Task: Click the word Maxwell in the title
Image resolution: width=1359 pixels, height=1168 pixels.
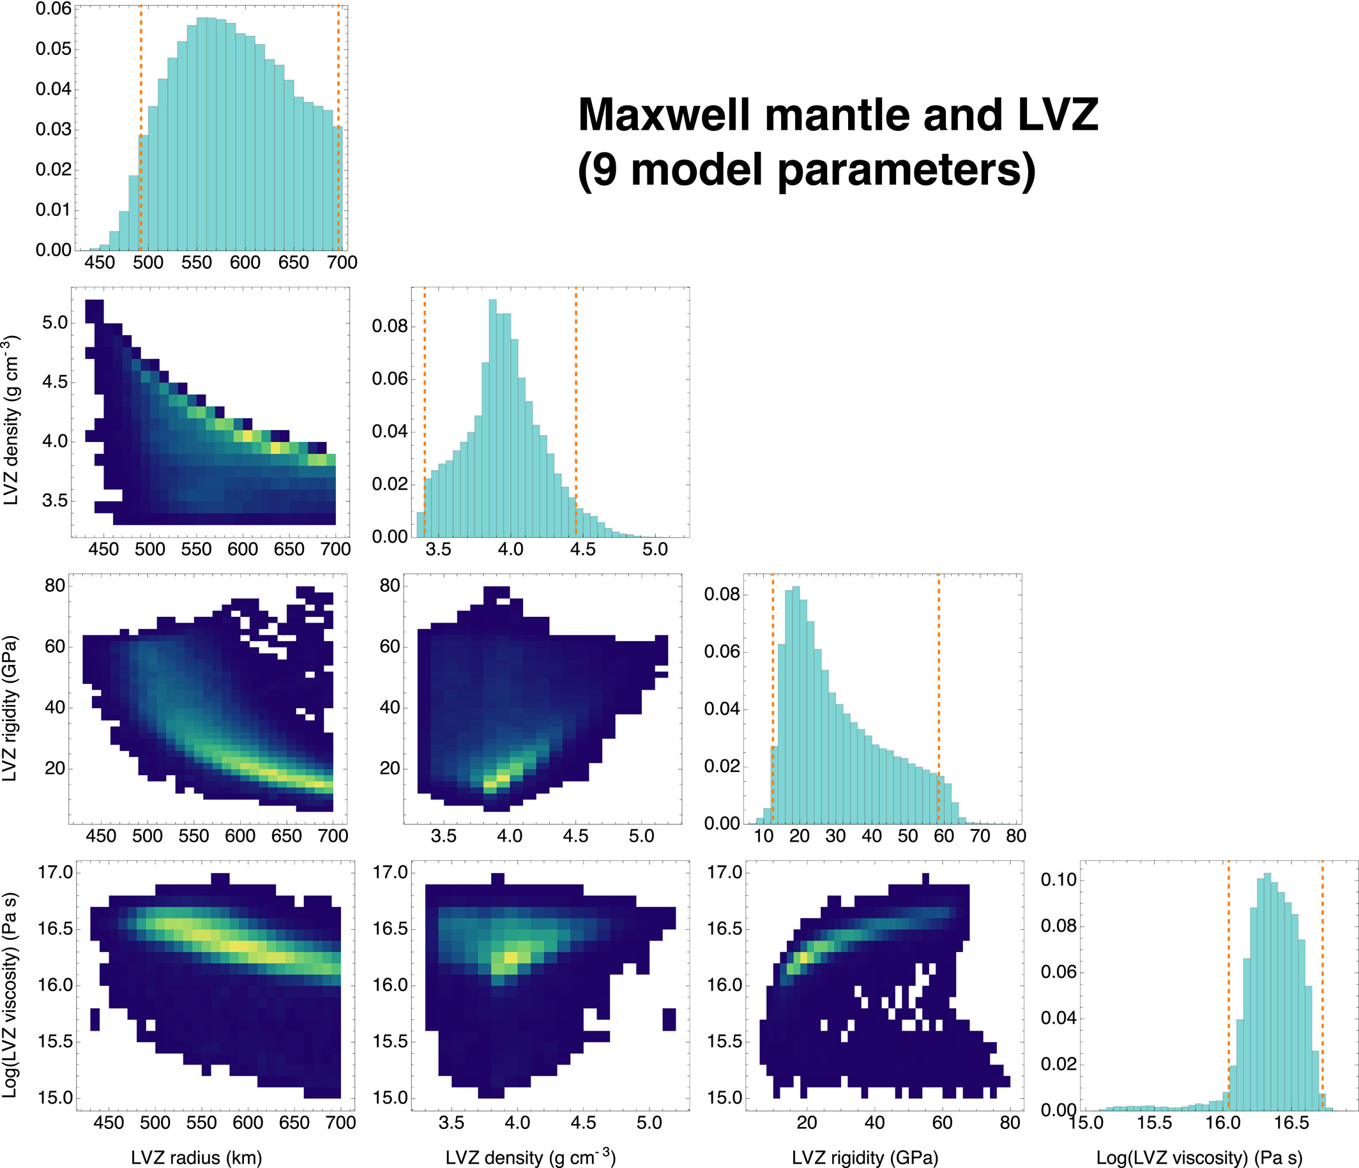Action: point(664,115)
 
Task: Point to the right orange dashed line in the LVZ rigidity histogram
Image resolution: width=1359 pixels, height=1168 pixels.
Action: point(939,698)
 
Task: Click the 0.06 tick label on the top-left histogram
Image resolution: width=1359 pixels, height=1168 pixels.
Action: point(53,9)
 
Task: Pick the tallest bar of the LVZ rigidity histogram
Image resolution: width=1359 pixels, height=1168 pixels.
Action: point(796,704)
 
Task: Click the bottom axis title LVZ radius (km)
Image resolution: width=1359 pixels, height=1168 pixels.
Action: point(196,1158)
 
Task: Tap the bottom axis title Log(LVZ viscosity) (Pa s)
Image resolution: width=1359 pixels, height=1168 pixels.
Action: point(1199,1158)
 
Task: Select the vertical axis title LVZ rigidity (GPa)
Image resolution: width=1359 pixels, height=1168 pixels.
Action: point(10,708)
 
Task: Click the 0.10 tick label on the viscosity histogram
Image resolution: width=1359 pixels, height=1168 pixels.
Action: point(1059,879)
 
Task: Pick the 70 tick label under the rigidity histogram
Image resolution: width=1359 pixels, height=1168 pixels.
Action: point(980,836)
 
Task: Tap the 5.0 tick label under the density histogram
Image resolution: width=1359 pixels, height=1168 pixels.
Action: point(655,550)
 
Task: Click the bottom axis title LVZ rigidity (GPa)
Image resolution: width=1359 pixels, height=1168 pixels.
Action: point(865,1158)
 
